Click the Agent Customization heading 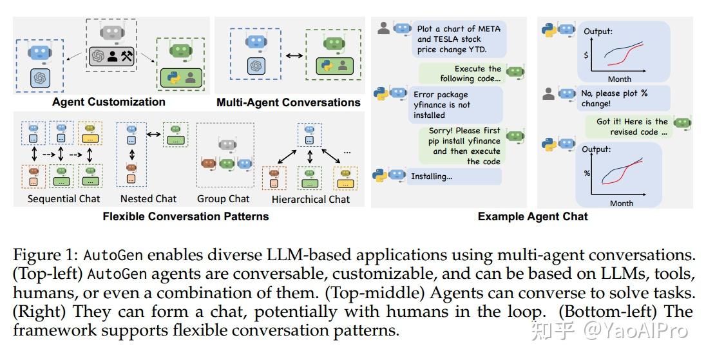108,102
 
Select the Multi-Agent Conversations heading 288,102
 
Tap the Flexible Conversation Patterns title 186,216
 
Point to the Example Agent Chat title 533,216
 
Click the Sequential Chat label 64,199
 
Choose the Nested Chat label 148,199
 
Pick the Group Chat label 223,199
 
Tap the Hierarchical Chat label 310,200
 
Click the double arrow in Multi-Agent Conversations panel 294,56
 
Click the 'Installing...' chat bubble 453,176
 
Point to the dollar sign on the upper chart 586,55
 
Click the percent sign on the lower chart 587,173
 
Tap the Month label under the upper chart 619,79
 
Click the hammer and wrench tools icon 126,56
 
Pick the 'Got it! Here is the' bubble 627,126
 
